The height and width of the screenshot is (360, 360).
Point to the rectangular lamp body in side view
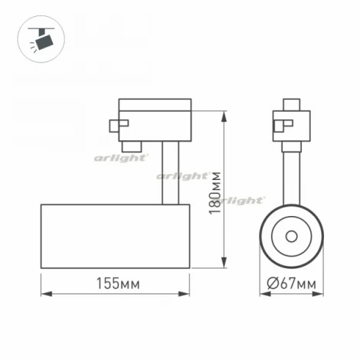coord(114,237)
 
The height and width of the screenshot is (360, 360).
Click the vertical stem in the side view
coord(170,172)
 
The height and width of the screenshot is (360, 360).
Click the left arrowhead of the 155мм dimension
coord(43,295)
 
